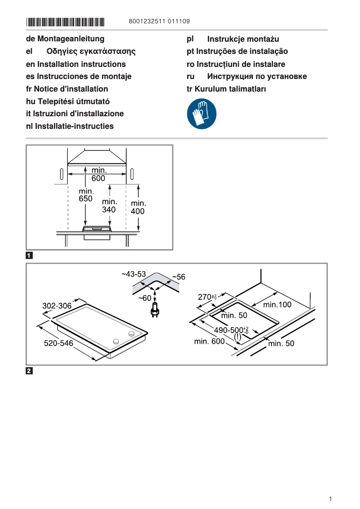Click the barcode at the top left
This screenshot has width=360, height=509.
(66, 22)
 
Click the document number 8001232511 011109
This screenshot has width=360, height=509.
(159, 21)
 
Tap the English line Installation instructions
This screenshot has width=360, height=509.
(76, 64)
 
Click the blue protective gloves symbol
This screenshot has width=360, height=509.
(202, 114)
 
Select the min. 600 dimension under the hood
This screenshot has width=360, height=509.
(99, 174)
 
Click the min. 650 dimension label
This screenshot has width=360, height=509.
(85, 195)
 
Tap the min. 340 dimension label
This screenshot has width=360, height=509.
(109, 206)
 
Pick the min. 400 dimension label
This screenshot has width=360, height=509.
(138, 207)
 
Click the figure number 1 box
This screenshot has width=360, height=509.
(29, 256)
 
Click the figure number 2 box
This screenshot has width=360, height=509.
(29, 371)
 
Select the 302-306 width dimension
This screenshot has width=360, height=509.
(57, 306)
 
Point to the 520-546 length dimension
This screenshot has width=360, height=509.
(58, 343)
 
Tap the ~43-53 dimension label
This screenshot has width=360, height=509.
(134, 274)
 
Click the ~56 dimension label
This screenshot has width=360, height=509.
(178, 277)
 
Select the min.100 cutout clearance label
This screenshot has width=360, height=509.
(277, 304)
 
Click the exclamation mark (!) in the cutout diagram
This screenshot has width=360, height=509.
(237, 337)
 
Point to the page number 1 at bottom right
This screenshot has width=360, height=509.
(330, 499)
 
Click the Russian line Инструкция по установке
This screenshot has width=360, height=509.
(257, 76)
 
